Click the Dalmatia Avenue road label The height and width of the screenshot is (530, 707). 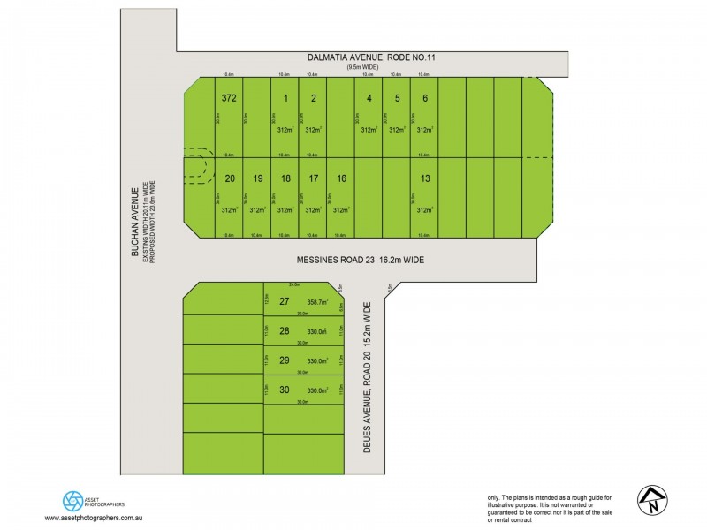[x=371, y=57]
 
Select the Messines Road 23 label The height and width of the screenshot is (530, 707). [x=361, y=261]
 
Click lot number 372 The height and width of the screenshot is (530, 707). [x=229, y=97]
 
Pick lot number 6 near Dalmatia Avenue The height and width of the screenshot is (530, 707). [x=425, y=97]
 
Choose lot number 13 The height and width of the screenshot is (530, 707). [x=425, y=178]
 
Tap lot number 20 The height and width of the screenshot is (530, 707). [x=230, y=178]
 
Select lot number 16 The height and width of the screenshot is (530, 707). [x=341, y=178]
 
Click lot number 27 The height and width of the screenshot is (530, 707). [x=285, y=301]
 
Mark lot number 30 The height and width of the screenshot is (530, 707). [x=285, y=390]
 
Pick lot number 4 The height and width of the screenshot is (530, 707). [x=369, y=97]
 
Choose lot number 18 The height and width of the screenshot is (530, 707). [x=285, y=178]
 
